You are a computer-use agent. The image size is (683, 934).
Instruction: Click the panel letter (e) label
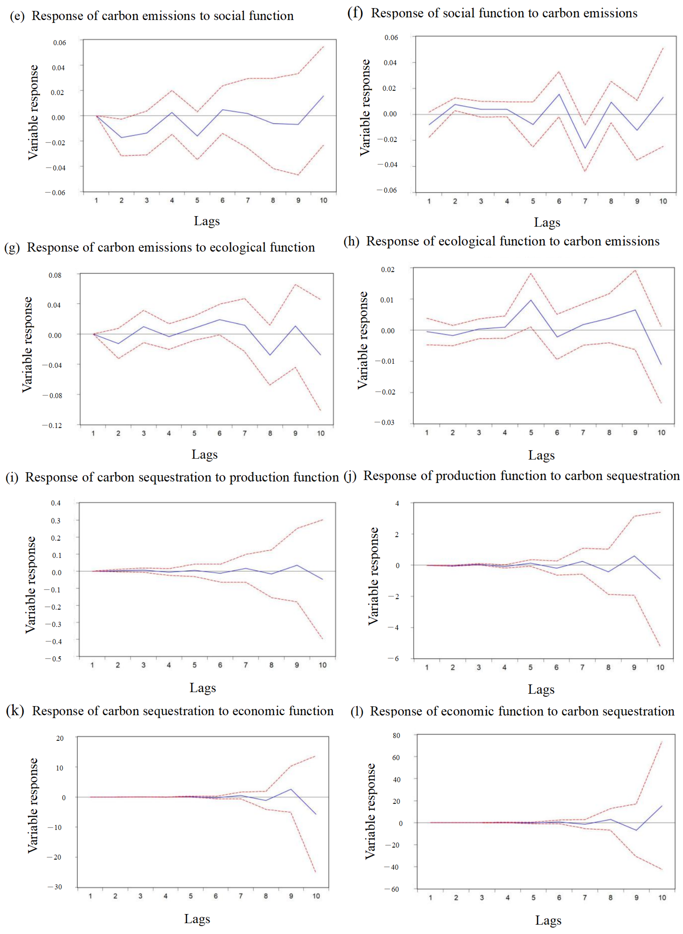point(17,16)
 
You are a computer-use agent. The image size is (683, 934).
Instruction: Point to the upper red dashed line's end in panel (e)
point(323,47)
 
